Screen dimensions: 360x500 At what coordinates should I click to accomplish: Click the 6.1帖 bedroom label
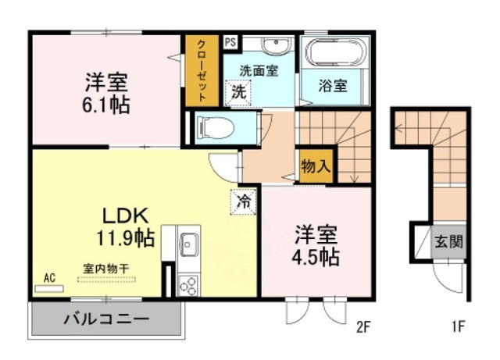(x=108, y=92)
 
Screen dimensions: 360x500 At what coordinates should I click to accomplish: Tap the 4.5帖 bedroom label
(x=317, y=246)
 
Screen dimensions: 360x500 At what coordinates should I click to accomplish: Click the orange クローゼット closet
(x=201, y=72)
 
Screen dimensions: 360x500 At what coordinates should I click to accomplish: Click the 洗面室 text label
(x=259, y=70)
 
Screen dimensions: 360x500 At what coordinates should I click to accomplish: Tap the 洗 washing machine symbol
(x=238, y=91)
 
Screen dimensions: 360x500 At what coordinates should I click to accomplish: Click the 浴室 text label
(x=334, y=86)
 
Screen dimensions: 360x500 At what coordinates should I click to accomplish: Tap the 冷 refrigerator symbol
(x=243, y=201)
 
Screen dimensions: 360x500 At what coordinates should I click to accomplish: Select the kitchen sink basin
(x=188, y=245)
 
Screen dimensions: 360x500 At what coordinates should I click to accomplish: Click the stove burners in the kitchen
(x=188, y=287)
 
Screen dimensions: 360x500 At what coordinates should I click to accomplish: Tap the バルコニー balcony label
(x=107, y=320)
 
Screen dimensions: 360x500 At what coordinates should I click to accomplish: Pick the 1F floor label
(x=459, y=327)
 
